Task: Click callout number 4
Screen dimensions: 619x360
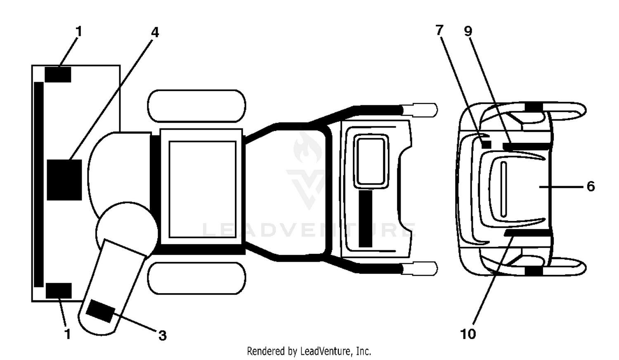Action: pyautogui.click(x=155, y=33)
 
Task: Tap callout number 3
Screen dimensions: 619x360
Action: pyautogui.click(x=163, y=336)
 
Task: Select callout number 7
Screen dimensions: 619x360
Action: pyautogui.click(x=439, y=30)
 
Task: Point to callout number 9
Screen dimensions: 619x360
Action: pyautogui.click(x=468, y=31)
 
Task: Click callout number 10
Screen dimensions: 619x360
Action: pyautogui.click(x=468, y=334)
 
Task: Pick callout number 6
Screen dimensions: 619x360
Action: pyautogui.click(x=591, y=187)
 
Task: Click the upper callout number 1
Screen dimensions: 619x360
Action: pyautogui.click(x=79, y=31)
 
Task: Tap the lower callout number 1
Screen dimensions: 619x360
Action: pyautogui.click(x=68, y=334)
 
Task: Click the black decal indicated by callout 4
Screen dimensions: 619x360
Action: pyautogui.click(x=64, y=180)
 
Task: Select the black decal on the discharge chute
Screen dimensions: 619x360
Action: pyautogui.click(x=100, y=311)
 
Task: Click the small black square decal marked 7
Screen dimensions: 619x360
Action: pyautogui.click(x=487, y=144)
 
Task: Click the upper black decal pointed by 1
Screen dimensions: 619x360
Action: pyautogui.click(x=58, y=74)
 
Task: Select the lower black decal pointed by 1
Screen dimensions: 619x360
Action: pyautogui.click(x=59, y=291)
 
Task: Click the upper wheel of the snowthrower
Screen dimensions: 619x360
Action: pyautogui.click(x=196, y=106)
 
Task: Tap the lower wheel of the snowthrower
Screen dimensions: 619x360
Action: pyautogui.click(x=196, y=278)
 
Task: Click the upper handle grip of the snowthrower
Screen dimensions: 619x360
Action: pyautogui.click(x=420, y=110)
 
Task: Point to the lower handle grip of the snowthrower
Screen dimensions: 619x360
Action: pyautogui.click(x=420, y=268)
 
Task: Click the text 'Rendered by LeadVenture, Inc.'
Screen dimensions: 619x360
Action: pyautogui.click(x=309, y=351)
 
